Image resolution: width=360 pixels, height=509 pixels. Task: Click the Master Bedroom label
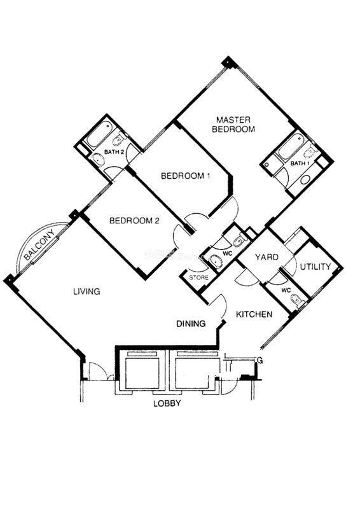pos(233,125)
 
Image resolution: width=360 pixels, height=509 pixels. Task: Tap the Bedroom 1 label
pos(185,176)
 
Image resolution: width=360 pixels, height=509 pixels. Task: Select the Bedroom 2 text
pos(134,221)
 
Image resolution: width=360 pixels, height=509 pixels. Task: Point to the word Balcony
pos(39,245)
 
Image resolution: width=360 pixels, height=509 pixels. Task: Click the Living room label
pos(87,291)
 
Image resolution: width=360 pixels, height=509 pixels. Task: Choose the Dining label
pos(191,324)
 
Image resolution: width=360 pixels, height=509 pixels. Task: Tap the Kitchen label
pos(254,314)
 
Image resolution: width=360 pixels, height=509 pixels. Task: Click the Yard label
pos(267,258)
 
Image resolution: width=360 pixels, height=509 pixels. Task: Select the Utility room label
pos(315,267)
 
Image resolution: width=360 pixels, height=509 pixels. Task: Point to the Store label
pos(198,278)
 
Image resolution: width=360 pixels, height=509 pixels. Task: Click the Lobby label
pos(167,403)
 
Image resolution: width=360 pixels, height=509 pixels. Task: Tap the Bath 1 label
pos(300,164)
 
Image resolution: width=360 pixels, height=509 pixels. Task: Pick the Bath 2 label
pos(114,151)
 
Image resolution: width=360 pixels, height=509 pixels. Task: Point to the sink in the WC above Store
pos(215,260)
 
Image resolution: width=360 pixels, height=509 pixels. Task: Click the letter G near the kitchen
pos(260,360)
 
